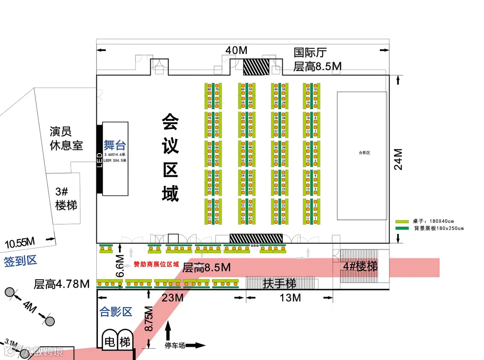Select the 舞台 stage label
(115, 145)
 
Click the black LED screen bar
(99, 159)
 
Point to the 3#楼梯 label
(66, 198)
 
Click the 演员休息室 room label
(66, 138)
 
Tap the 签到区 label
(20, 261)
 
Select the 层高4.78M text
(61, 284)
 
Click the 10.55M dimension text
(20, 244)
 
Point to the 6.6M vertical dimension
(121, 266)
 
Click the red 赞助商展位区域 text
(156, 264)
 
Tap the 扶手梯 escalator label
(280, 283)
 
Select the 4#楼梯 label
(361, 266)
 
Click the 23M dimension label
(173, 298)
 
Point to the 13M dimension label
(290, 298)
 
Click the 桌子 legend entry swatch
(402, 221)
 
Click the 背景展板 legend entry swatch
(402, 228)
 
